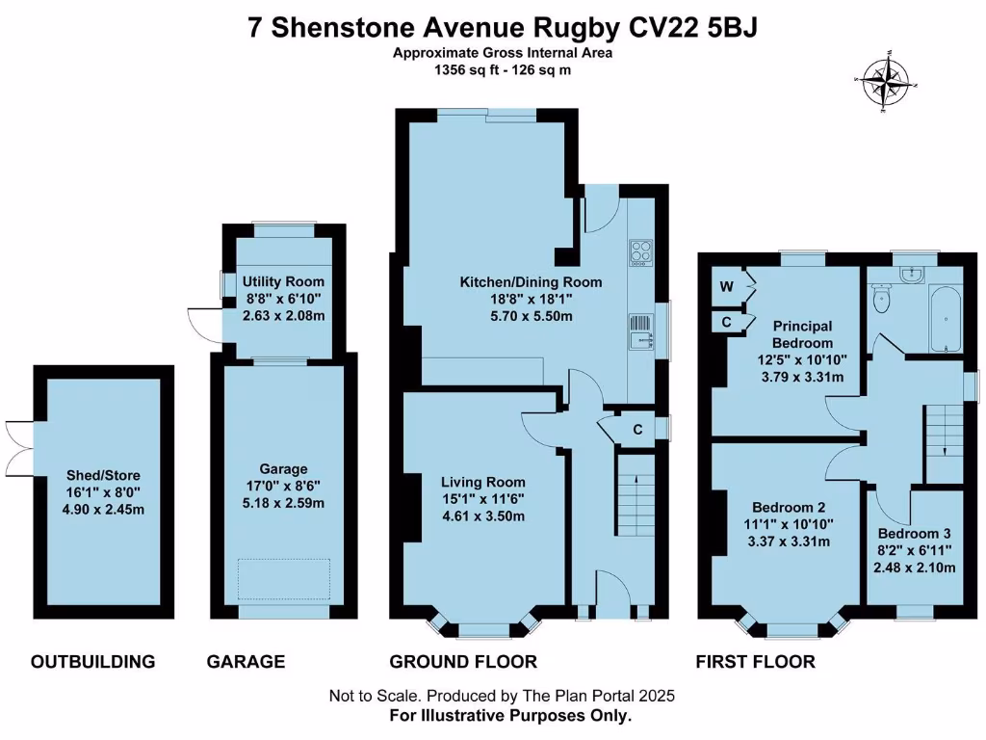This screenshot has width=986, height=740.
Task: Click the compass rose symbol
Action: pyautogui.click(x=885, y=84)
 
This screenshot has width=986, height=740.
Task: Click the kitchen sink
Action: pyautogui.click(x=641, y=332)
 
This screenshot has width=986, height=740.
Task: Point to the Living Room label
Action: pyautogui.click(x=483, y=482)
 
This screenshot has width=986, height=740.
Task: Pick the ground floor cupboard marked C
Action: pyautogui.click(x=637, y=430)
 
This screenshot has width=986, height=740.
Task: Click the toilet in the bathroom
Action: pyautogui.click(x=879, y=301)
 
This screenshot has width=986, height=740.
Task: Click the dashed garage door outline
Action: pyautogui.click(x=284, y=579)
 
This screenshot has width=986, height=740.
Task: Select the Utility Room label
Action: pyautogui.click(x=280, y=280)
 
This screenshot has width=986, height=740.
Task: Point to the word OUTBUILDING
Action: pyautogui.click(x=92, y=662)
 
